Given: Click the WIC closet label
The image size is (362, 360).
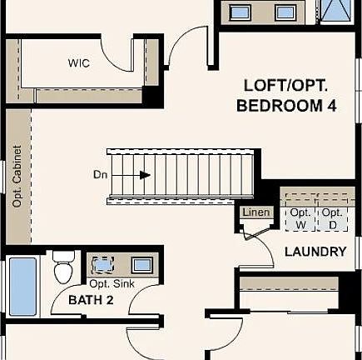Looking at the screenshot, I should click(79, 63).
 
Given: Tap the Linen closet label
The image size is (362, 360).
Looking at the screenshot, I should click(255, 212).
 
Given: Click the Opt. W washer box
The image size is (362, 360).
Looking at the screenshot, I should click(300, 218).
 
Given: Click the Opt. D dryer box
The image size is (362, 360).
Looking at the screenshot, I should click(333, 218).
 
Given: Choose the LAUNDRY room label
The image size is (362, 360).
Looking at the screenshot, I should click(315, 252).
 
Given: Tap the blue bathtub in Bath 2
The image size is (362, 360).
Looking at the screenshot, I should click(22, 285).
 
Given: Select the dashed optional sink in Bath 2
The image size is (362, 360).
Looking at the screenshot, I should click(102, 265).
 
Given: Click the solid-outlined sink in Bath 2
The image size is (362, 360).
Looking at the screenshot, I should click(141, 265).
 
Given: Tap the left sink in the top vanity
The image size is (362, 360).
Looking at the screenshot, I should click(241, 12).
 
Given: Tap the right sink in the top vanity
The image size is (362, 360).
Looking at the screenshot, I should click(285, 12).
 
